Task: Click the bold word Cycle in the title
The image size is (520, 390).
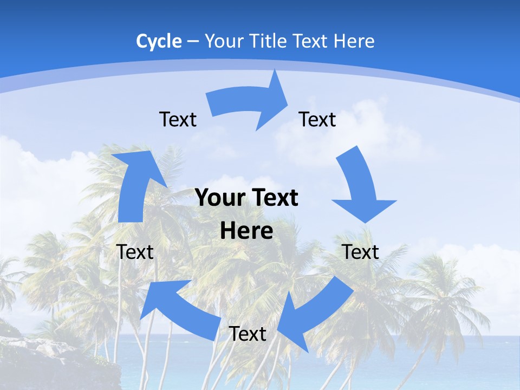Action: [x=159, y=41]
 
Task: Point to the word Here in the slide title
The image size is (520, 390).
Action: [x=354, y=41]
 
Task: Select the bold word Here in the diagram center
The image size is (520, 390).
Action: [x=246, y=231]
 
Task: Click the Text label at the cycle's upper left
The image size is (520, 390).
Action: [x=178, y=119]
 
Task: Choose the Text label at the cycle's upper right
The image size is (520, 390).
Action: [x=317, y=119]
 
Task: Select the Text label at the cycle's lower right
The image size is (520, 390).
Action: [x=360, y=252]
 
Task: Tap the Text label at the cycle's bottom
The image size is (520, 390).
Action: [x=248, y=334]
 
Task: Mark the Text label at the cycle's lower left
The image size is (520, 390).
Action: [x=135, y=252]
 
